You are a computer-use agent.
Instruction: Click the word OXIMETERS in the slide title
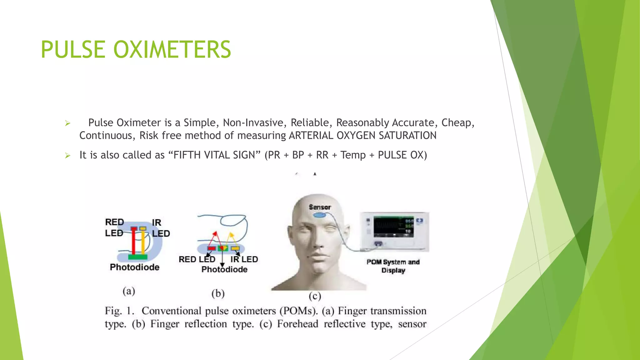pos(172,50)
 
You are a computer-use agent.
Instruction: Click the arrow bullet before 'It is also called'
pos(67,155)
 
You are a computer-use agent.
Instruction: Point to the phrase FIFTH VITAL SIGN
pos(214,155)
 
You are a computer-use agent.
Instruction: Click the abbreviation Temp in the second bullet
pos(353,155)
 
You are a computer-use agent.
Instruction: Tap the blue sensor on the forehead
pos(320,215)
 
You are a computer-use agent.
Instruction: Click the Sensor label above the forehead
pos(320,207)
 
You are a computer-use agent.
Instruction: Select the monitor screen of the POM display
pos(393,227)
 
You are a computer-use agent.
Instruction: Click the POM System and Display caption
pos(393,266)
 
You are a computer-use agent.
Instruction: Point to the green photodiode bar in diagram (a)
pos(137,257)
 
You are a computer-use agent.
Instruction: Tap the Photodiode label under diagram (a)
pos(135,267)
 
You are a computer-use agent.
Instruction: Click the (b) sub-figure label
pos(218,293)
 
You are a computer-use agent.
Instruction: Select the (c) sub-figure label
pos(315,296)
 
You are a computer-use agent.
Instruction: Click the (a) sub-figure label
pos(129,291)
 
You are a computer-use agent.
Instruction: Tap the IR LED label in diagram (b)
pos(244,259)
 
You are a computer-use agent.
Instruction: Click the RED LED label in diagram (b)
pos(197,259)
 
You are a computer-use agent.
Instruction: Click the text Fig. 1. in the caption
pos(119,311)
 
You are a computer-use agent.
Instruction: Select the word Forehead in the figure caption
pos(297,324)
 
